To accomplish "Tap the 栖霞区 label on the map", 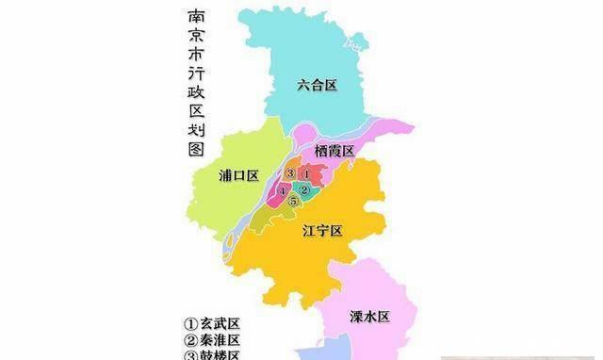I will [x=334, y=151].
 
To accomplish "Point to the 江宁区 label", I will [x=321, y=230].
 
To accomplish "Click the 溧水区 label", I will [x=368, y=315].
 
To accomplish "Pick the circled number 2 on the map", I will [x=304, y=190].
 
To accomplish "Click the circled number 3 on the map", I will [x=289, y=173].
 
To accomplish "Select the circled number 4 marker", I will [x=282, y=191].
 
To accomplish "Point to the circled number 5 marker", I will [x=293, y=202].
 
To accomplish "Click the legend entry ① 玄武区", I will [x=213, y=323].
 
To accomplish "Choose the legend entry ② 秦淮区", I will [x=213, y=340].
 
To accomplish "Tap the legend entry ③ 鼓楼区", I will [x=213, y=355].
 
